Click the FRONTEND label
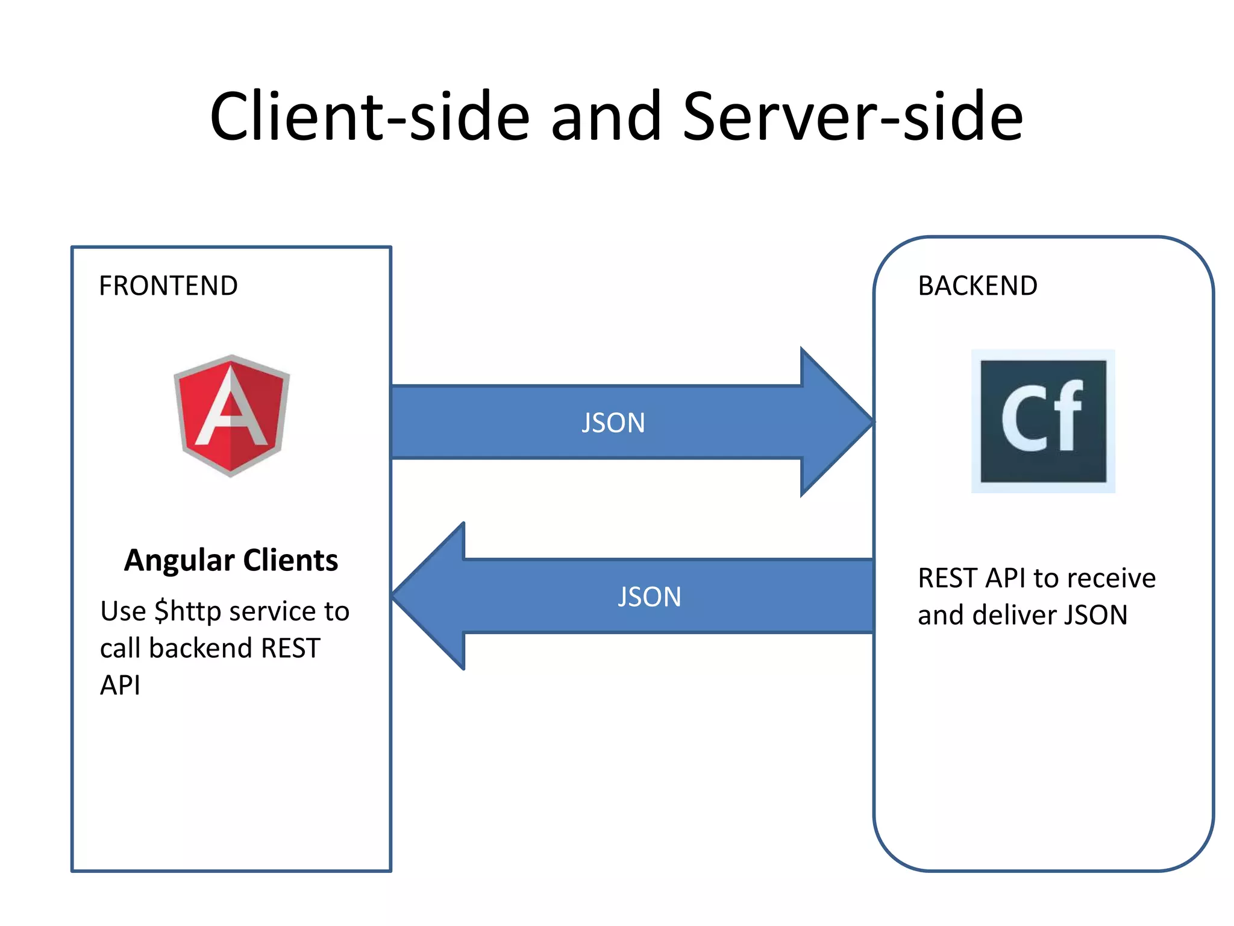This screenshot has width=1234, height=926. point(168,286)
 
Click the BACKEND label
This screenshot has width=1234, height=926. point(977,286)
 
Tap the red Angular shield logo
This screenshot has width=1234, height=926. point(231,415)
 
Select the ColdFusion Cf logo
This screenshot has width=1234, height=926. point(1043,421)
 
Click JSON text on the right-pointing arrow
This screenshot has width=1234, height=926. point(613,423)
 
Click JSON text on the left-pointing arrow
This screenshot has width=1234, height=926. point(650,597)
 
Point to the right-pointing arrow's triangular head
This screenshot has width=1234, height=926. point(835,422)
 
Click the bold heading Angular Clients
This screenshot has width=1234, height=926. point(231,560)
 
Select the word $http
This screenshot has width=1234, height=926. point(187,611)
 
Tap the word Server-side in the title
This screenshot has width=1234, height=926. point(853,116)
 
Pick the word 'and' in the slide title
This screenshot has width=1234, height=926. point(606,116)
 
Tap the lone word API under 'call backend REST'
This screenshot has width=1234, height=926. point(120,685)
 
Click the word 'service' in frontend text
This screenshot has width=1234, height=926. point(272,611)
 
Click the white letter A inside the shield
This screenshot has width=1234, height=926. point(231,410)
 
